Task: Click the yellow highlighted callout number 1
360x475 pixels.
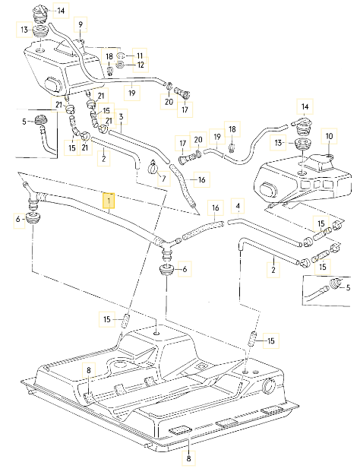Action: (x=111, y=201)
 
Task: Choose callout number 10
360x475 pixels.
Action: (x=329, y=136)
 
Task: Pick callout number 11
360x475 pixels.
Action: (x=140, y=56)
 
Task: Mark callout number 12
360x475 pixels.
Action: (x=140, y=65)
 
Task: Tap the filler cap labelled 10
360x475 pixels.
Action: (x=324, y=161)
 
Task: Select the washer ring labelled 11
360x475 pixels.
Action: (x=123, y=56)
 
